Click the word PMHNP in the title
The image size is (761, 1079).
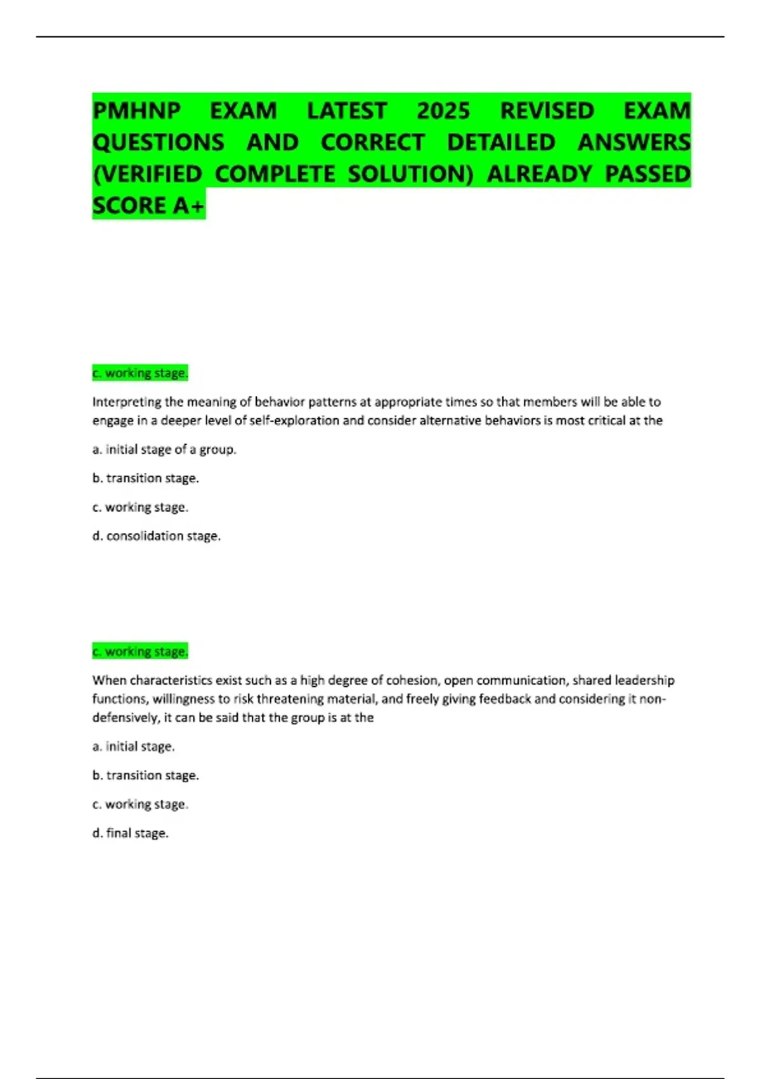tap(136, 111)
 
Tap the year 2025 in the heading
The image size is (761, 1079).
tap(443, 111)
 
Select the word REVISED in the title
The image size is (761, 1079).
tap(547, 111)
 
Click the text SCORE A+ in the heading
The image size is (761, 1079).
tap(148, 206)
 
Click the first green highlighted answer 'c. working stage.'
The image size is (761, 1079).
tap(140, 373)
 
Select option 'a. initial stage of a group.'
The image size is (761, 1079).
tap(164, 449)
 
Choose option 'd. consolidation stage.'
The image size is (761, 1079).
tap(157, 536)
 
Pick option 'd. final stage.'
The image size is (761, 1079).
tap(131, 833)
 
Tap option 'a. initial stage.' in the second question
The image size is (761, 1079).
tap(134, 746)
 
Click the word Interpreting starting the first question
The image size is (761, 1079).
tap(127, 402)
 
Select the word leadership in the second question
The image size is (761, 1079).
tap(644, 680)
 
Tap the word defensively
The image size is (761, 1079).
tap(124, 718)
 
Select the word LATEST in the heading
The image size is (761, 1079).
tap(347, 111)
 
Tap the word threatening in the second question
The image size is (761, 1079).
tap(290, 699)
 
